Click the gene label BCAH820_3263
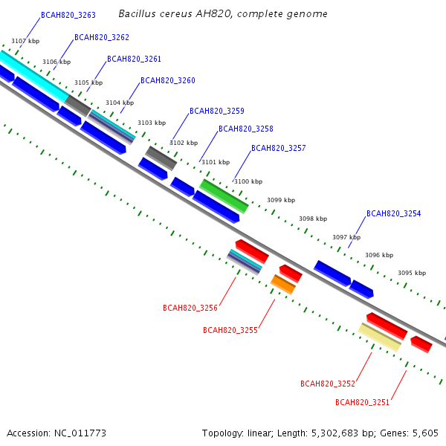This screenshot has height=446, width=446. tap(68, 15)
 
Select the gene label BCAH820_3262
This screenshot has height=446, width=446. tap(102, 37)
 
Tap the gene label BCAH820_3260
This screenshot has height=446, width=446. tap(168, 80)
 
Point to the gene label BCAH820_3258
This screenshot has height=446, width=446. tap(246, 129)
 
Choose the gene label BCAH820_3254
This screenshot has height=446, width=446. tap(393, 213)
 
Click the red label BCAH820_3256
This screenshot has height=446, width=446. tap(190, 308)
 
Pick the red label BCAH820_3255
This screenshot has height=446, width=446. tap(230, 330)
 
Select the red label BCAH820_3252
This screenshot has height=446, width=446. tap(328, 384)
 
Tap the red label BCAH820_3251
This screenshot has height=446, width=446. tap(362, 402)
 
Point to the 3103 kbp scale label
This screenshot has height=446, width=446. tap(152, 123)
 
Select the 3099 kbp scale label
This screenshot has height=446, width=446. tap(281, 200)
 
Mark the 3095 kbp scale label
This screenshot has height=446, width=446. tap(412, 273)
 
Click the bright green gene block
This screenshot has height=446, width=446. tap(224, 194)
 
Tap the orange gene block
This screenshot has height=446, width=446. tap(283, 284)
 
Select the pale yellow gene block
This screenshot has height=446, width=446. tap(380, 337)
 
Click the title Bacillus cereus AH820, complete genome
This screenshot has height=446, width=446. tap(222, 14)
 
